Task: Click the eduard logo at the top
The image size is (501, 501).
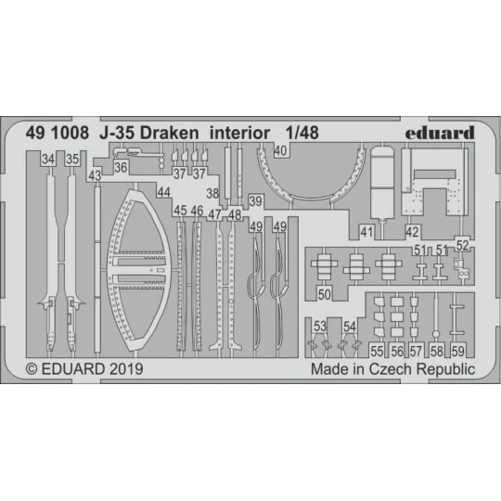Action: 439,132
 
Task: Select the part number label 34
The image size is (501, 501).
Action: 47,160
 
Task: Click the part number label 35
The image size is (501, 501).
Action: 72,160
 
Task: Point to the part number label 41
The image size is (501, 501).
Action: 367,231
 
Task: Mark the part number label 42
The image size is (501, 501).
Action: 413,231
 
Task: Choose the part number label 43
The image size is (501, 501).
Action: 95,174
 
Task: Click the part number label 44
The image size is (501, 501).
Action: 162,192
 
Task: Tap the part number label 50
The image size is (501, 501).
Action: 324,294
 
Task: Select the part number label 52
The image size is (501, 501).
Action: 463,245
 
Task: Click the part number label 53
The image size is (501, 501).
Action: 319,327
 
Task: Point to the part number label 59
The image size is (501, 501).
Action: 458,352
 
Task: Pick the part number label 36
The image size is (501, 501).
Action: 121,167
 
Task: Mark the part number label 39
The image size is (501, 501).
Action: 255,201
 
